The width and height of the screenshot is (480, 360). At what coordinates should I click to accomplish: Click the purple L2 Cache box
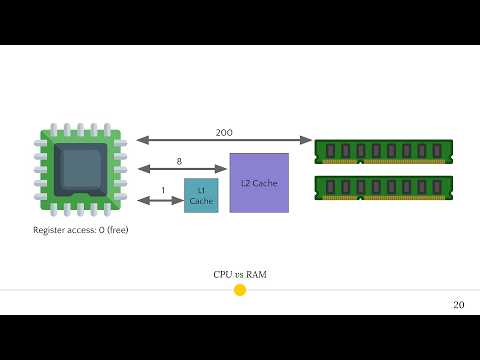259,182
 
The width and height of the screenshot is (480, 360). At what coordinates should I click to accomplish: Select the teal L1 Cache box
201,195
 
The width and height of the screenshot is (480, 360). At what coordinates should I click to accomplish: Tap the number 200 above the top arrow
225,132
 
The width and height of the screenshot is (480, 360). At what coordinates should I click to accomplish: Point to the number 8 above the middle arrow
179,160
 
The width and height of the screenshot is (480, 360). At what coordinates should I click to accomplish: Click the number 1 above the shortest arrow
164,190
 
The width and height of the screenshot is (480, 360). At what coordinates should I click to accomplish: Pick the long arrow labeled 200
224,141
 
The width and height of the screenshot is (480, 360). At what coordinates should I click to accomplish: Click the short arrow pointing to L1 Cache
160,200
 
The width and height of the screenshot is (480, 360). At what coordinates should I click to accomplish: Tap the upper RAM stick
384,151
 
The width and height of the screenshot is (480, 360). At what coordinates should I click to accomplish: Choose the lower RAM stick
384,186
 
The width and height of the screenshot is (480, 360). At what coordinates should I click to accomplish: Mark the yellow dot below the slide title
239,290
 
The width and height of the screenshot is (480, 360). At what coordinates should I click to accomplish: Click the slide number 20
458,304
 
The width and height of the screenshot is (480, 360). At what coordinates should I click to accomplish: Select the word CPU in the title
222,274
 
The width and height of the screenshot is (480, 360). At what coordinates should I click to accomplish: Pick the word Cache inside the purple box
265,183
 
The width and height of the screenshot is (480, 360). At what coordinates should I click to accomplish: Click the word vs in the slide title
239,274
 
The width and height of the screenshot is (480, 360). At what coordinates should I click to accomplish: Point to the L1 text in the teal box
201,189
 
